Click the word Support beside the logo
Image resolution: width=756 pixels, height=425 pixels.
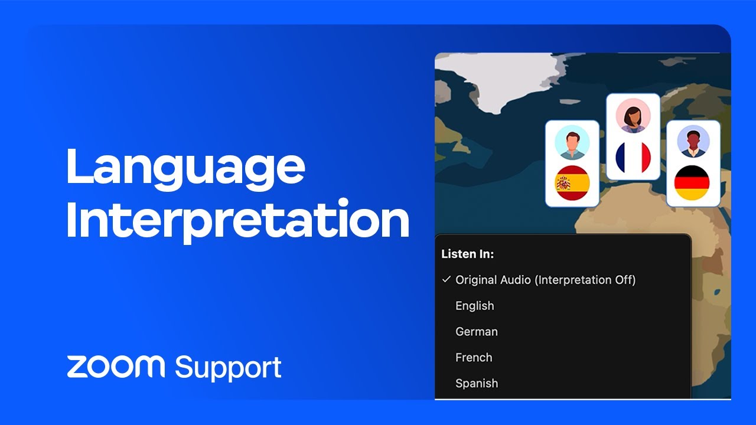pos(228,367)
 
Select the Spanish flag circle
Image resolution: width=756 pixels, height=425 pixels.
pos(572,183)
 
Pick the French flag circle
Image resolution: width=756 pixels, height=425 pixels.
pos(633,157)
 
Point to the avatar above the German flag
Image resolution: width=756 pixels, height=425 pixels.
pos(693,142)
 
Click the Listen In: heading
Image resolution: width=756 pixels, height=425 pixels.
pos(468,254)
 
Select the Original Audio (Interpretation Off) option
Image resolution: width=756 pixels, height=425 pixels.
pos(545,280)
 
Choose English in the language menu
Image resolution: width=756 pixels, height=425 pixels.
pos(474,306)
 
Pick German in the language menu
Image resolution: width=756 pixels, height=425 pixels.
pos(476,332)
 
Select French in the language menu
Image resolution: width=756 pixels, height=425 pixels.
pos(474,358)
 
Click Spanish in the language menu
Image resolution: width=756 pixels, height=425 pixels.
pos(476,384)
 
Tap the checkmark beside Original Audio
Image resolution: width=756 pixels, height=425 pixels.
pos(446,279)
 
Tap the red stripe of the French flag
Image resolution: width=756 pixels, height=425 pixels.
pos(644,157)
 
